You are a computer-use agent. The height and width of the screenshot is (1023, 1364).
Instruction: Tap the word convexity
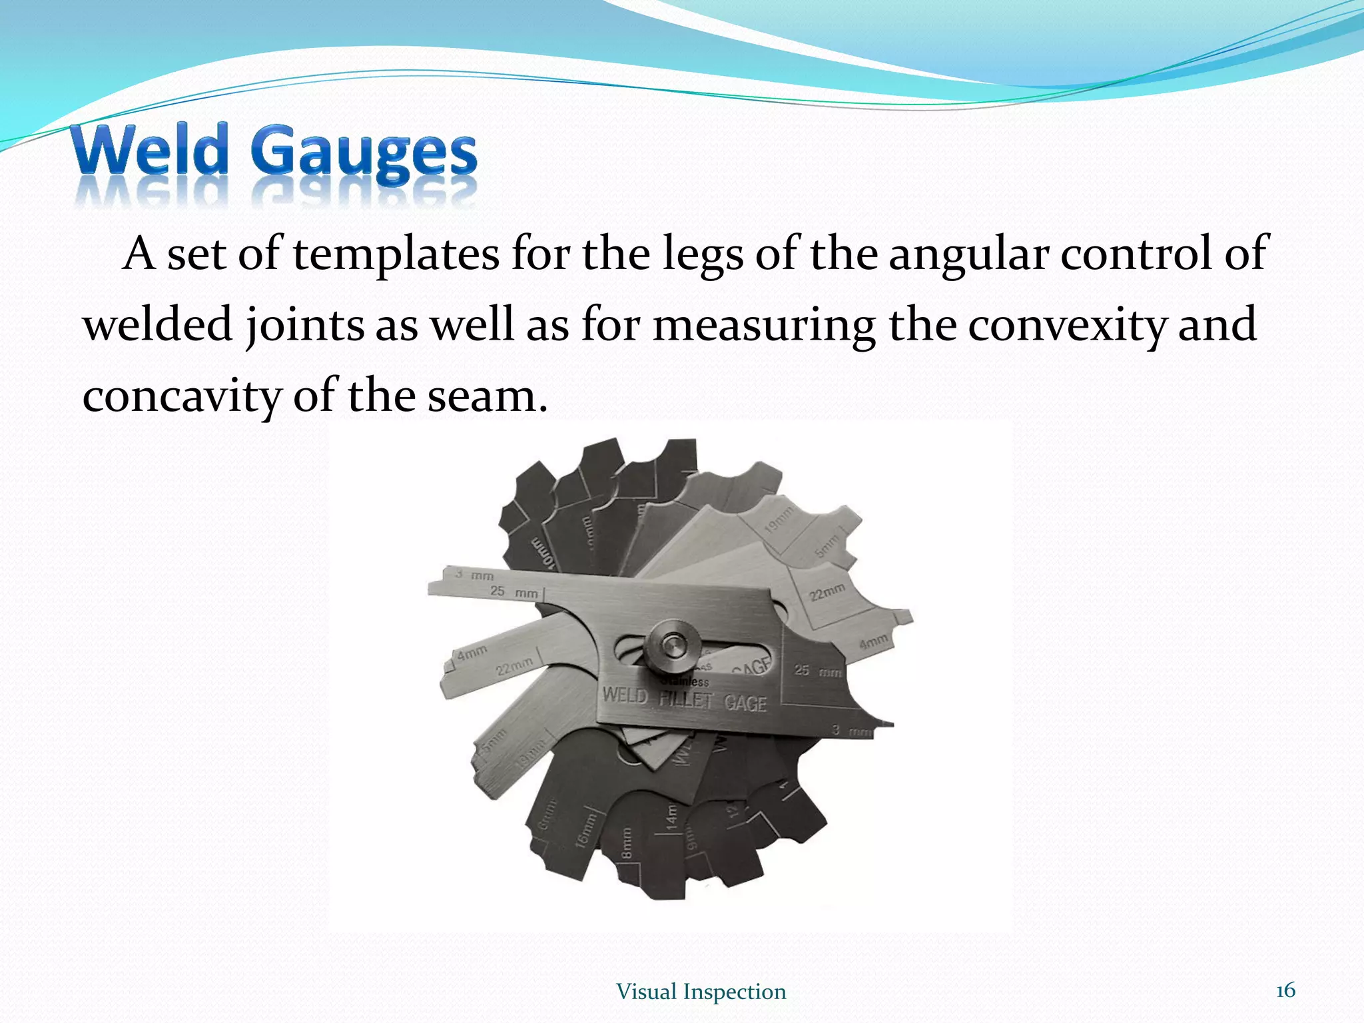click(x=1066, y=325)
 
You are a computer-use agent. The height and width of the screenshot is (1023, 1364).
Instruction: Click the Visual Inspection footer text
click(x=701, y=992)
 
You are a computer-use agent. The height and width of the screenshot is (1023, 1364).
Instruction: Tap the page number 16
click(x=1285, y=990)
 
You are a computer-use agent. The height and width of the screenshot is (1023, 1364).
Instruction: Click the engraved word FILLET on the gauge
click(x=685, y=699)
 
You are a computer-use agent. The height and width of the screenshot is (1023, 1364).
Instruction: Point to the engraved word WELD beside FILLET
click(x=625, y=695)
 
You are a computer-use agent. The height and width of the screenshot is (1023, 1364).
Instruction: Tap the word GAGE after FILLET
click(x=745, y=703)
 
